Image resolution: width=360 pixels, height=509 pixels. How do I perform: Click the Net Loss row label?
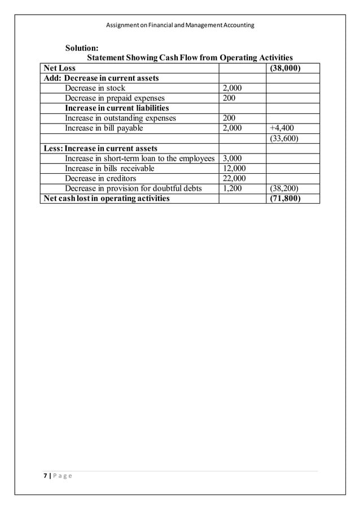click(60, 68)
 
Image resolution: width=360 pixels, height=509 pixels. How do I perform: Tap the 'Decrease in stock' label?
click(95, 88)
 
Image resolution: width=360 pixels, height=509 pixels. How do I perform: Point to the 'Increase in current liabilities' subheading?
click(117, 108)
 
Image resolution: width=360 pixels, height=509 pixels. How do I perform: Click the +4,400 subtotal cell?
click(282, 128)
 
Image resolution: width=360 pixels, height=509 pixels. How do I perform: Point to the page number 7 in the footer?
click(45, 475)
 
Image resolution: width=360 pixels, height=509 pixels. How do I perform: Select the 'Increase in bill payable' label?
click(104, 128)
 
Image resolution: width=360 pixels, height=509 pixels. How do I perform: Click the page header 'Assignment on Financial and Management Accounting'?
click(180, 25)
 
